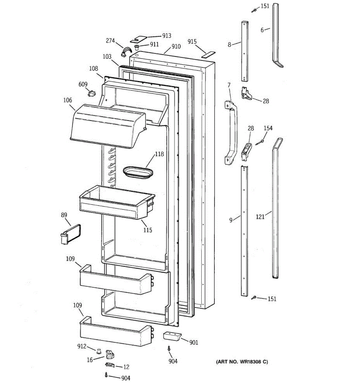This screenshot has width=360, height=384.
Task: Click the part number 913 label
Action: pyautogui.click(x=166, y=36)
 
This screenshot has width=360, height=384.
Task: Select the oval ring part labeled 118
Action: pyautogui.click(x=138, y=172)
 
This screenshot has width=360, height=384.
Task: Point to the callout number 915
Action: pyautogui.click(x=192, y=42)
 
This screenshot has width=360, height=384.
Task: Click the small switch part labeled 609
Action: pyautogui.click(x=92, y=94)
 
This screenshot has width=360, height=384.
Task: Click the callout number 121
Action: pyautogui.click(x=260, y=217)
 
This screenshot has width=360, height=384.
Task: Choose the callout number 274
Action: pyautogui.click(x=110, y=41)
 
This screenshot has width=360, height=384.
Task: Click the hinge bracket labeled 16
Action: pyautogui.click(x=110, y=355)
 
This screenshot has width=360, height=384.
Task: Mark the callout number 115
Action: pyautogui.click(x=148, y=230)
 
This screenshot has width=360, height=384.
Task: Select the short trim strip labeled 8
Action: pyautogui.click(x=245, y=51)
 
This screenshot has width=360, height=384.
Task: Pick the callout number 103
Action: pyautogui.click(x=107, y=57)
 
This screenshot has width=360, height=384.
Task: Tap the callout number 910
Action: pyautogui.click(x=176, y=46)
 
